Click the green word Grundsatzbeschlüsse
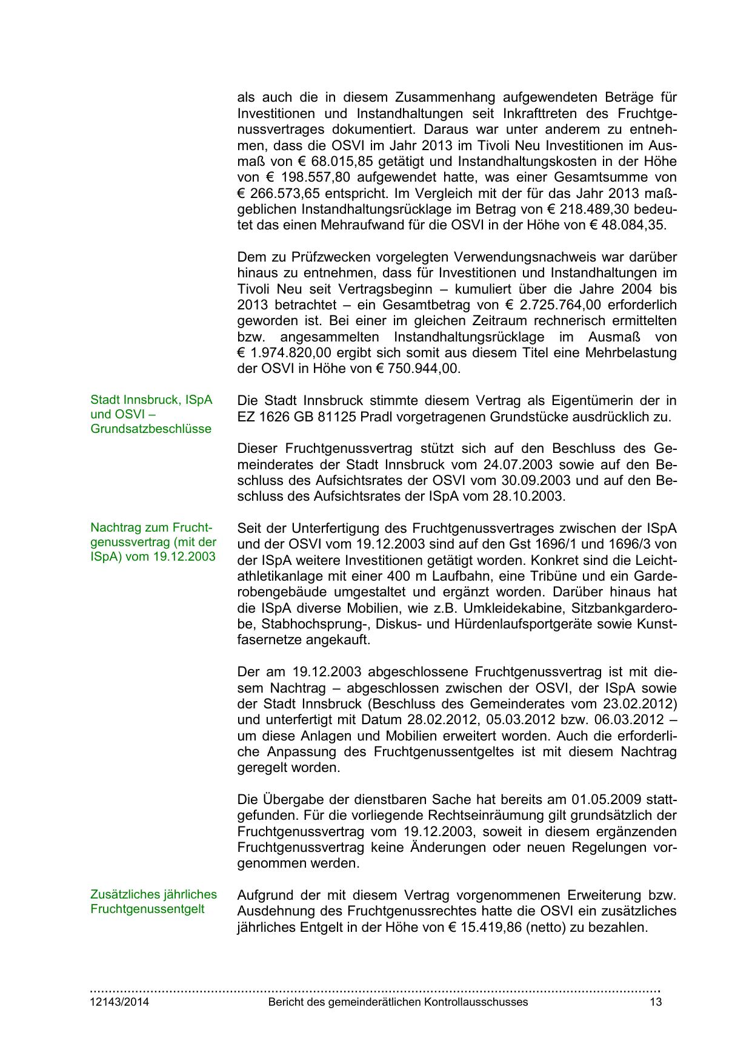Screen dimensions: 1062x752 click(151, 429)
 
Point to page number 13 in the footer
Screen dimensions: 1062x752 click(656, 1001)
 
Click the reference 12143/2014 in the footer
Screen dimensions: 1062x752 click(119, 1001)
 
